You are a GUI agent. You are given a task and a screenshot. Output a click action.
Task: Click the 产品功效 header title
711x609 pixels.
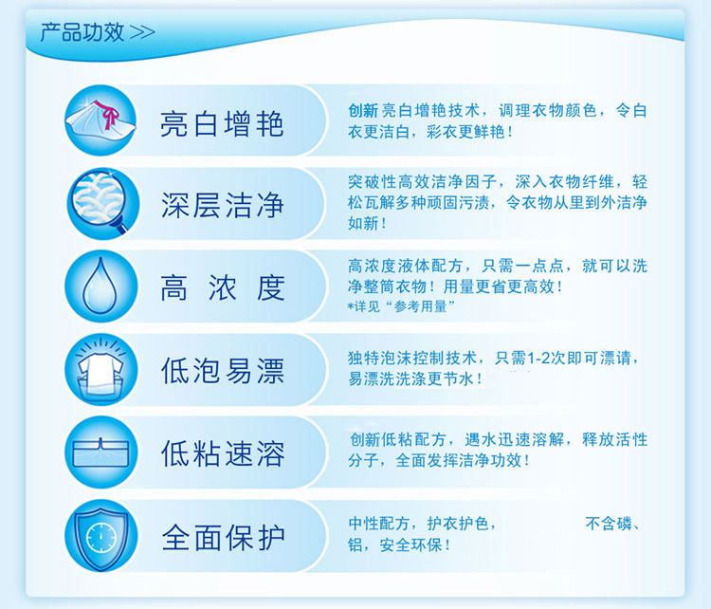(x=82, y=32)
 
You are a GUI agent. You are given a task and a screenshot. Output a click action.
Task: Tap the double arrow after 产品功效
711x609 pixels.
(x=142, y=32)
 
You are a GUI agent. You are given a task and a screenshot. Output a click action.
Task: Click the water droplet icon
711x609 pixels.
(x=100, y=286)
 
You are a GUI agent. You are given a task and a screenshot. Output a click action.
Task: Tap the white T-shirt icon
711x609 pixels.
(x=100, y=369)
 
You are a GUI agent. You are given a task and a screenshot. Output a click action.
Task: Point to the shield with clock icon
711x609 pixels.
(x=101, y=536)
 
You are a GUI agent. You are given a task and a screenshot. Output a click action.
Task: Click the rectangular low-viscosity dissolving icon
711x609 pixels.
(x=100, y=452)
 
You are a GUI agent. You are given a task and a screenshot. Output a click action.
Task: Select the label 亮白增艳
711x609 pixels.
(x=222, y=123)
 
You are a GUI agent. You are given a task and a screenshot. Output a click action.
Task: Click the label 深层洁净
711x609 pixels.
(x=222, y=205)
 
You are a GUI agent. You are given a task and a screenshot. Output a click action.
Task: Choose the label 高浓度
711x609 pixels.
(x=222, y=287)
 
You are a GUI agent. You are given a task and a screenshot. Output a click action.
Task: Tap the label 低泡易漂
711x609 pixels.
(x=222, y=370)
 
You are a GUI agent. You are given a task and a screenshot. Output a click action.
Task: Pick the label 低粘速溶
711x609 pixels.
(x=222, y=452)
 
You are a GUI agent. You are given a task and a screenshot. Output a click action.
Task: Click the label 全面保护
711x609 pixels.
(x=223, y=537)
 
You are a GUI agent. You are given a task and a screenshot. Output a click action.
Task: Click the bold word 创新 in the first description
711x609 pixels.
(x=363, y=110)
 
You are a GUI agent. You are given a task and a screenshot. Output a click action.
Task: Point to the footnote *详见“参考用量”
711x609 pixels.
(x=401, y=306)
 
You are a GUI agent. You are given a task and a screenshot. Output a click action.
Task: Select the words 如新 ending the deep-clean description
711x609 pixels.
(x=363, y=223)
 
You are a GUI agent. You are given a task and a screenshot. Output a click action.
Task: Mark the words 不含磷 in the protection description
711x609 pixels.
(x=608, y=524)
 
